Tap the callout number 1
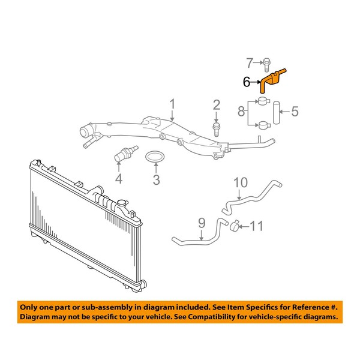pos(172,104)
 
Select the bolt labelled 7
pos(266,65)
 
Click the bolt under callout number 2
pos(216,130)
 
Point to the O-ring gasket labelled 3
pos(155,156)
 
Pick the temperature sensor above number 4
pos(126,153)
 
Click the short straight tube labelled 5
pos(276,113)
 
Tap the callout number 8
pos(241,111)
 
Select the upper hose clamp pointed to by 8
pos(263,101)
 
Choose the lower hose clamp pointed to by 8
pos(264,125)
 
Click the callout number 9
pos(202,223)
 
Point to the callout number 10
pos(241,183)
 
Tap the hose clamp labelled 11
pos(235,226)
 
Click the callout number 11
pos(256,226)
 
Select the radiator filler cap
pos(122,203)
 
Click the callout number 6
pos(247,82)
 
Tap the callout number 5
pos(295,112)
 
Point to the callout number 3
pos(156,179)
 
